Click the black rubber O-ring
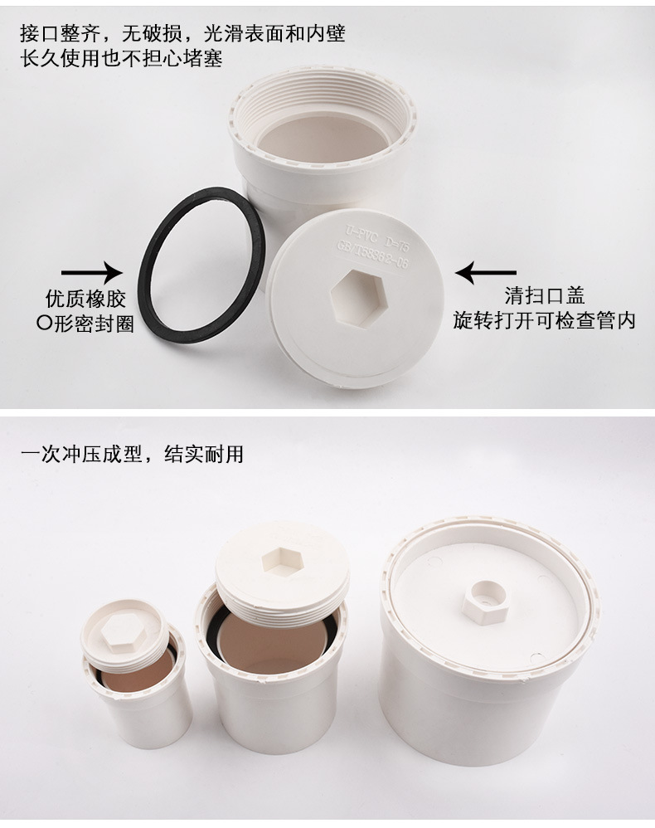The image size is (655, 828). point(149,265)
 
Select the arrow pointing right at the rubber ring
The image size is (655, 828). point(90,271)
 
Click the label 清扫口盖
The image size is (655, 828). point(545,295)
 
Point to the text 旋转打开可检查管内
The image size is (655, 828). point(544,320)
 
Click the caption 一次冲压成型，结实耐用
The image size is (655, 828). point(132,455)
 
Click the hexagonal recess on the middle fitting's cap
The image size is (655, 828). point(282,562)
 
